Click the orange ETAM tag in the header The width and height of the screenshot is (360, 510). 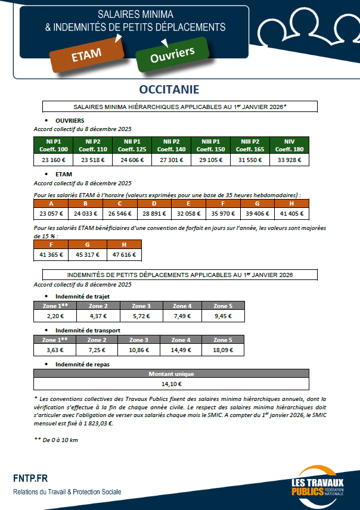coord(86,54)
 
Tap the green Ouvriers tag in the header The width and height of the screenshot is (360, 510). coord(172,55)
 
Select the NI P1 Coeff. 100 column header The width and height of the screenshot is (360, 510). coord(54,145)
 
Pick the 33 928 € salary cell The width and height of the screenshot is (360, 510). coord(290,160)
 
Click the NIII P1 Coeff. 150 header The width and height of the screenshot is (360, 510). coord(211,145)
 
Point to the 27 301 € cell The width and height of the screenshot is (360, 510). coord(172,160)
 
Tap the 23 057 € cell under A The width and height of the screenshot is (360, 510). coord(51,213)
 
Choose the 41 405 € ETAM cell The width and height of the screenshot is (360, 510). coord(292,213)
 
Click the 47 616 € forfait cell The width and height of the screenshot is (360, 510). coord(124,254)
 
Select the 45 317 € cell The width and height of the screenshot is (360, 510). coord(88,254)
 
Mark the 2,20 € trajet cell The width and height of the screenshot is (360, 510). coord(55,315)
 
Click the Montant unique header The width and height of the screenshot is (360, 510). coord(171,374)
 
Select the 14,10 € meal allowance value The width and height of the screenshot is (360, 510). coord(171,384)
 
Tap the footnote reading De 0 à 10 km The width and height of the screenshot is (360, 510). coord(56,440)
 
